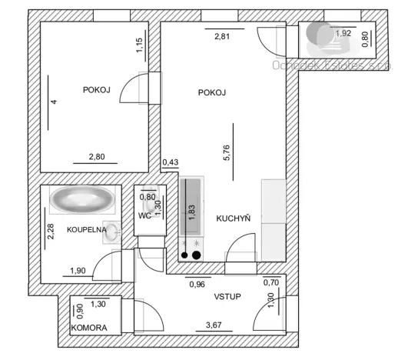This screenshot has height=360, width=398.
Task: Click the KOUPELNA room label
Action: point(85,229)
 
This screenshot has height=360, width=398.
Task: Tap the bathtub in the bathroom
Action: point(81,202)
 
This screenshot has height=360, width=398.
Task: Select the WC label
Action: point(144,215)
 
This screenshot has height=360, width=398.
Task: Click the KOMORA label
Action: point(89,328)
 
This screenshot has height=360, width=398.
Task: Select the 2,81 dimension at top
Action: point(222,35)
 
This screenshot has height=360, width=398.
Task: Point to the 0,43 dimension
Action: point(170,162)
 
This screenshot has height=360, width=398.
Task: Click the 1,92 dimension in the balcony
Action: point(344,32)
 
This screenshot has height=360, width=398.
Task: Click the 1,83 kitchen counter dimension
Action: point(191,212)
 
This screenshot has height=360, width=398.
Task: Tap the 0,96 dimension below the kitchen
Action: point(198,284)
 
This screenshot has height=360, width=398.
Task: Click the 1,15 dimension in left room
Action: point(139,45)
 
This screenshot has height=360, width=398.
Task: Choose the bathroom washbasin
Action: point(114,230)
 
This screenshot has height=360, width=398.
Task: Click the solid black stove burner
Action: point(197,255)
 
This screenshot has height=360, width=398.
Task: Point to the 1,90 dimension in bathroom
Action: point(78,271)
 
